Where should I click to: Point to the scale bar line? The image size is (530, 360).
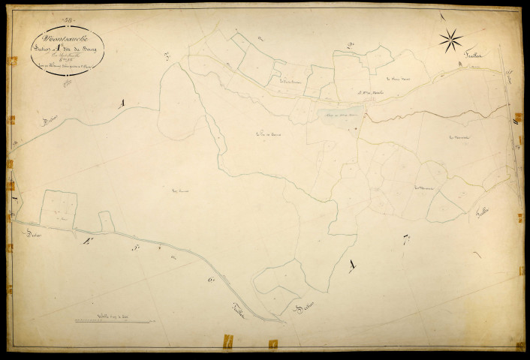coord(113,321)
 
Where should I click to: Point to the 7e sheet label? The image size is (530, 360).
coord(406,241)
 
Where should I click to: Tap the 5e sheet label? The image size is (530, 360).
coord(135,247)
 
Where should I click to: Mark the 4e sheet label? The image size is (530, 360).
coord(86,241)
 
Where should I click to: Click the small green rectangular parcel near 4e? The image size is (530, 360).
coord(107,222)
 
